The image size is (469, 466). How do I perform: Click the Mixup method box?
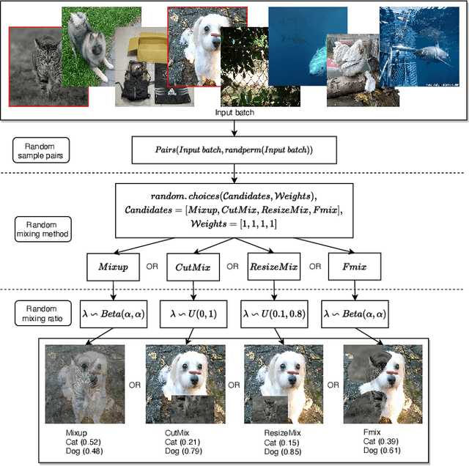113,267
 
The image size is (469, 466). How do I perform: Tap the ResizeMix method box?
273,267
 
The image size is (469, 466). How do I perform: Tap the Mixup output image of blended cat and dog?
84,384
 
